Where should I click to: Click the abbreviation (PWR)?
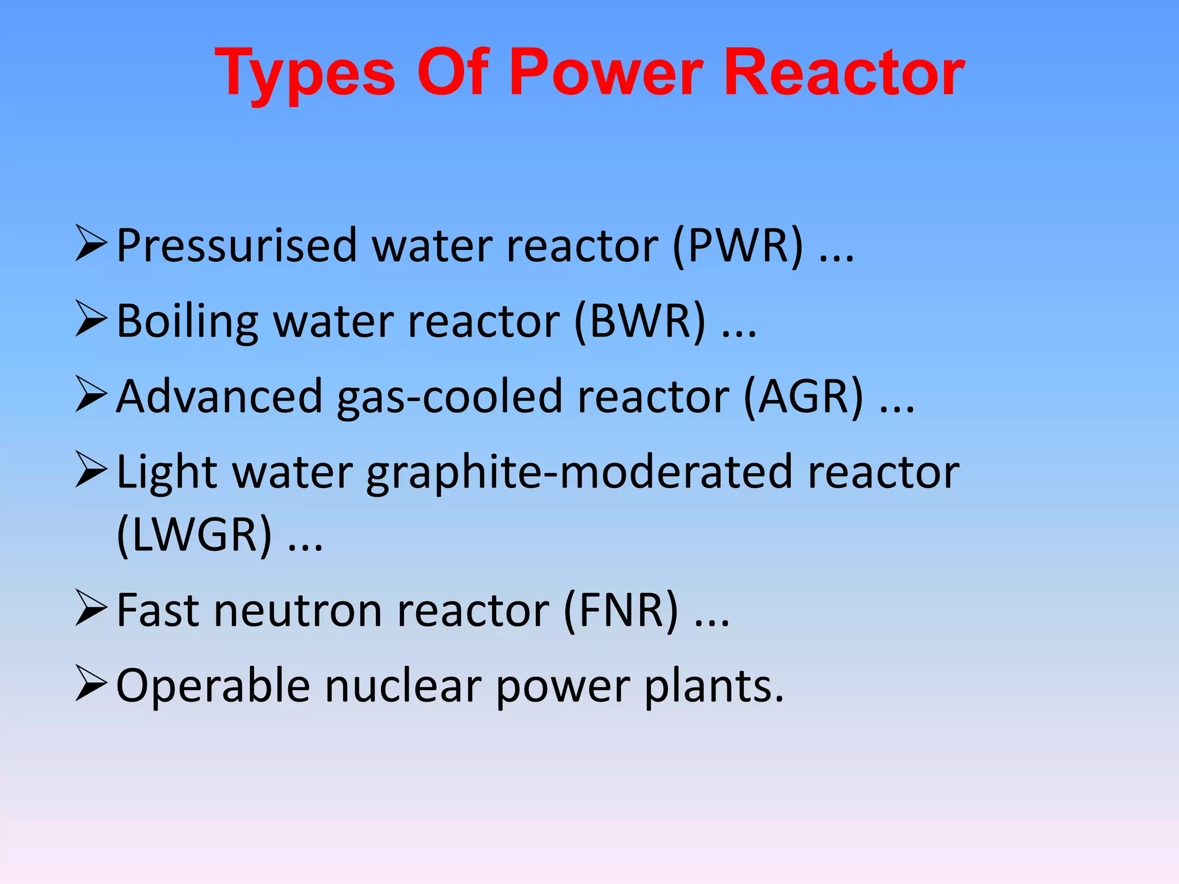click(737, 246)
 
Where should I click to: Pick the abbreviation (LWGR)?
click(194, 535)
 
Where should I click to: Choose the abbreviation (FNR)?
click(621, 610)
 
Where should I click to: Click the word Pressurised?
click(237, 246)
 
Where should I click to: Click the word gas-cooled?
click(449, 397)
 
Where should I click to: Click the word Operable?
click(213, 685)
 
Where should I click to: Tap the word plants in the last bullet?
click(714, 687)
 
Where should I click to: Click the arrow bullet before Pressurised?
click(91, 244)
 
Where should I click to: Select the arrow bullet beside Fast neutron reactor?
click(91, 608)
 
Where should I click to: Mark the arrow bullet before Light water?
click(91, 470)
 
